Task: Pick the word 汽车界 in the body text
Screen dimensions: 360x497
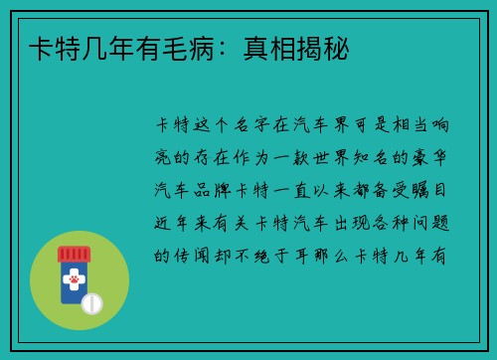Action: (338, 125)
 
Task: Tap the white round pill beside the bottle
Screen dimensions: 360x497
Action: (91, 302)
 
